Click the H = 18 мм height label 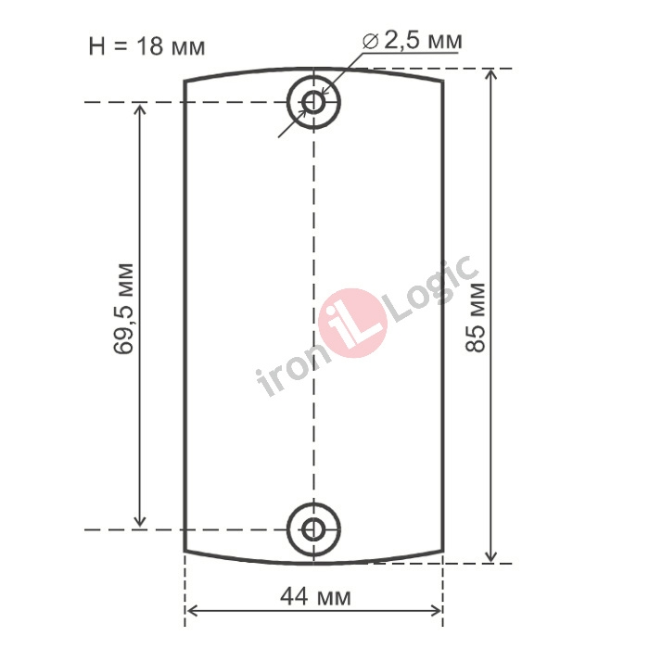tap(146, 46)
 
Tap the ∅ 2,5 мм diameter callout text tap(413, 41)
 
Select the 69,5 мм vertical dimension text tap(123, 309)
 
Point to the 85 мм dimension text tap(475, 317)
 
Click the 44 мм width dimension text tap(316, 597)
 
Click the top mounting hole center tap(313, 102)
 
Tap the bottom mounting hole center tap(313, 529)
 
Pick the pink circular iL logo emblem tap(353, 323)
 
